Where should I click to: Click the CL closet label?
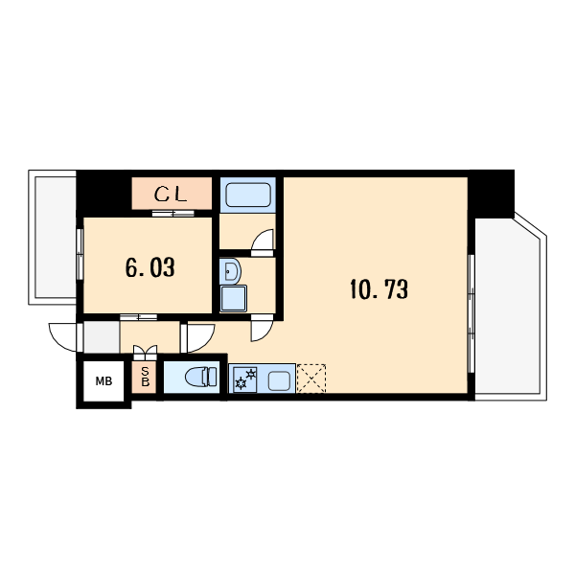171,195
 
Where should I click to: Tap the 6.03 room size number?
150,267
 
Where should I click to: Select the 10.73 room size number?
379,289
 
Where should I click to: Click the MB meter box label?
103,381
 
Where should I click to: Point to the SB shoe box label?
146,378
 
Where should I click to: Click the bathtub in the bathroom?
248,195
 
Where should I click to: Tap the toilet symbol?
201,377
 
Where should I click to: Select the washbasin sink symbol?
230,271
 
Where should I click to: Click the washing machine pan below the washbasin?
233,298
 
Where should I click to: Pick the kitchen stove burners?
245,379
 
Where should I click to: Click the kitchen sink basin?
279,381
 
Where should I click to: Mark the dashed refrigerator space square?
311,379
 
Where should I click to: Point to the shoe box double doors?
146,353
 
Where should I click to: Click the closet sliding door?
172,214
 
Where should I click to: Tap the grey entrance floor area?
102,337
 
